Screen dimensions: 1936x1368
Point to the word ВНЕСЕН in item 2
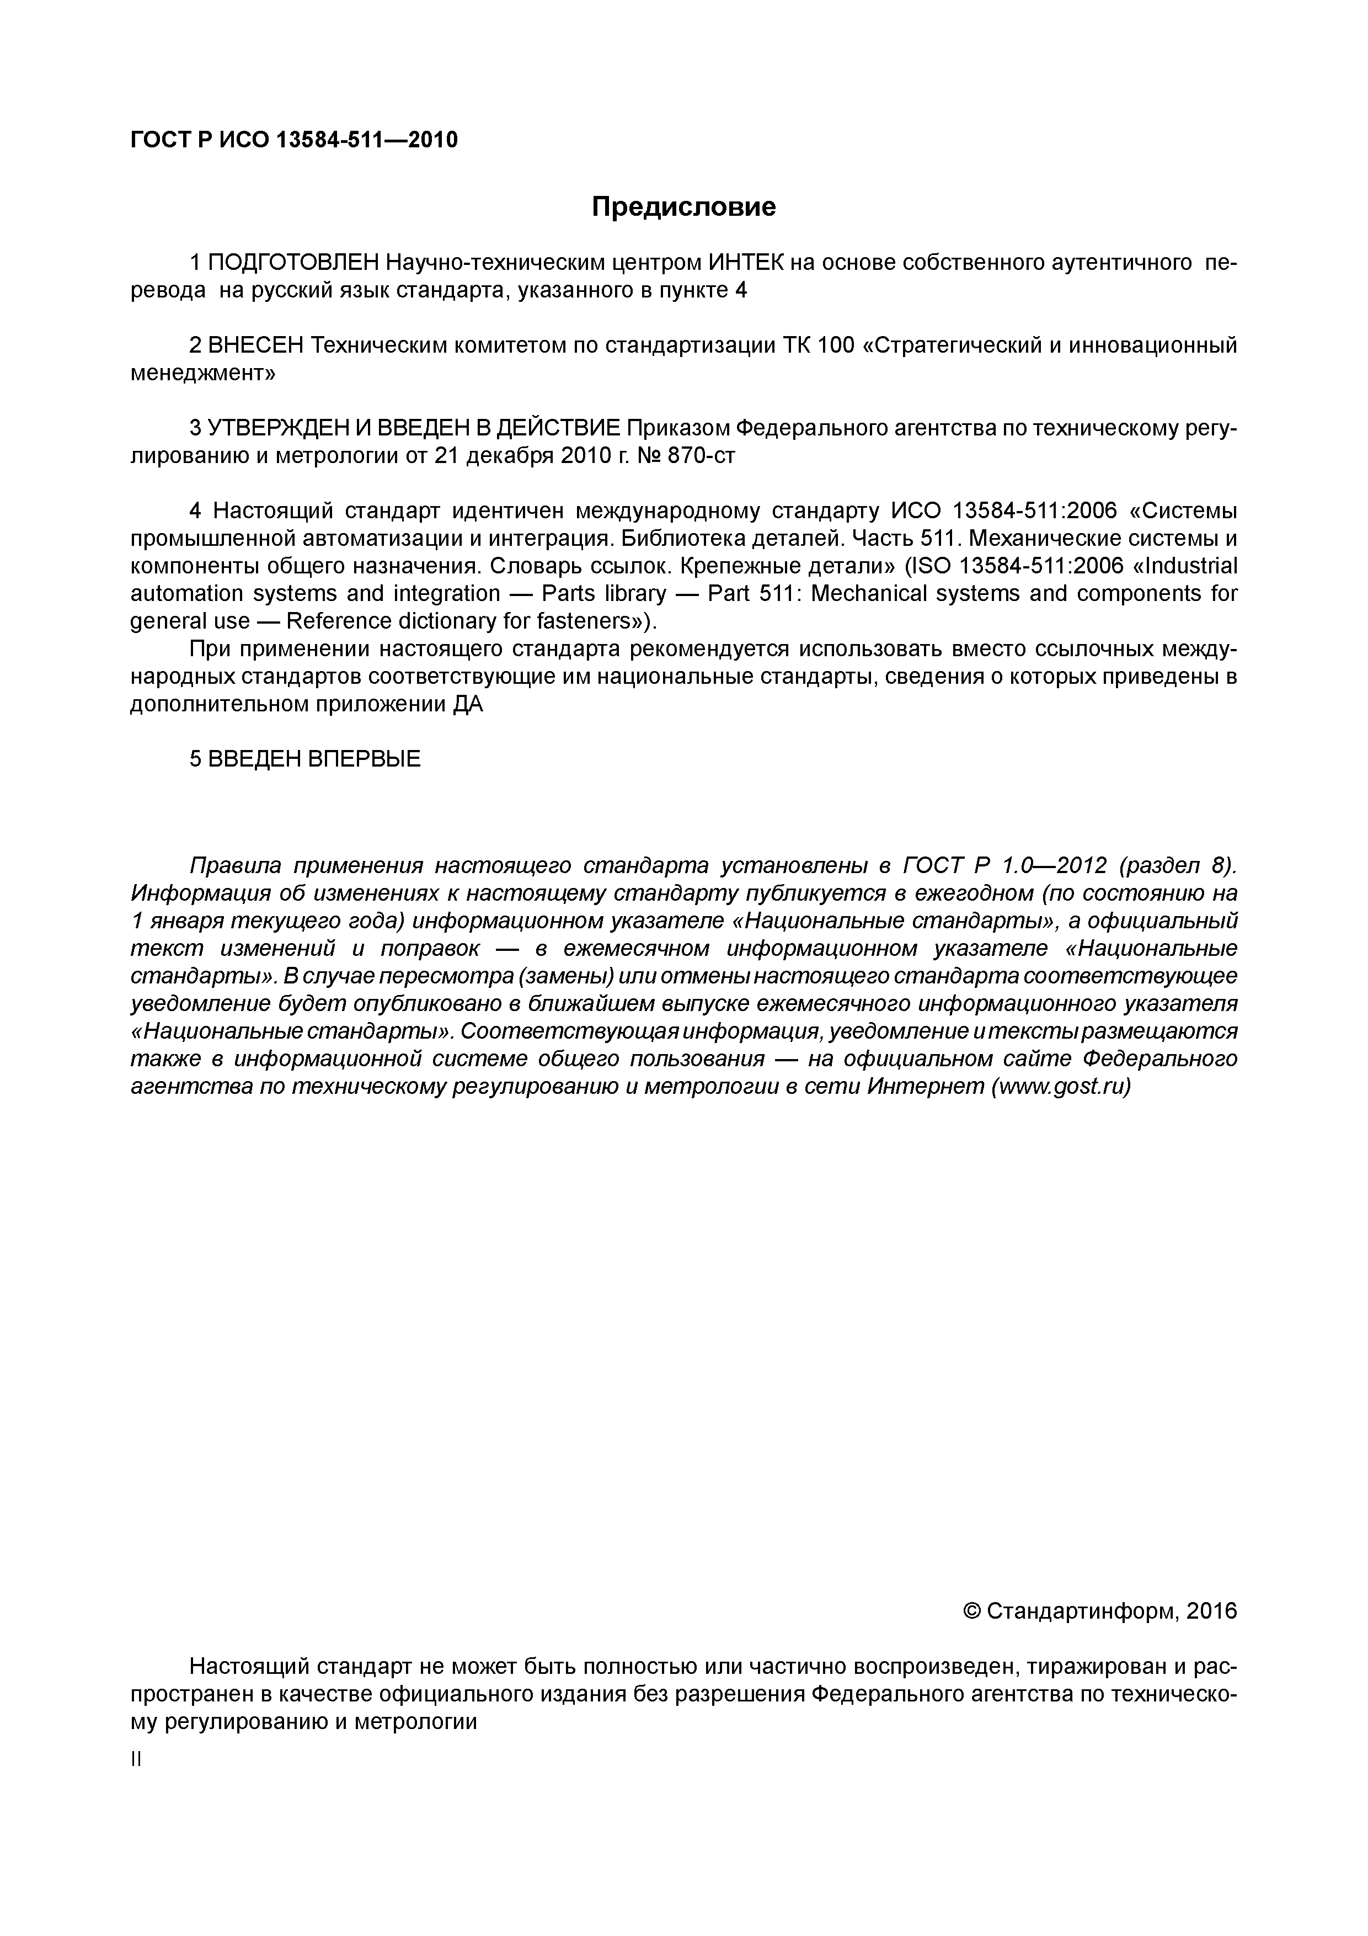(x=255, y=345)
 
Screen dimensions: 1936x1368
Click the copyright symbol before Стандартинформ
(x=971, y=1611)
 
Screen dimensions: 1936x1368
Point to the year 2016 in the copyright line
(x=1211, y=1611)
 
